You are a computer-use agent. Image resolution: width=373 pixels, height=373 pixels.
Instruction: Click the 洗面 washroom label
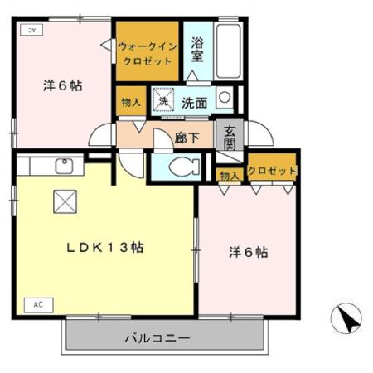coord(195,104)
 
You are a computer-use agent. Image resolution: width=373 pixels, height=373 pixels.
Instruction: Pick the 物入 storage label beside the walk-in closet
coord(131,102)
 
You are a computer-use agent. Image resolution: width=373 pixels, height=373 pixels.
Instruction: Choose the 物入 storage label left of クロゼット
coord(230,174)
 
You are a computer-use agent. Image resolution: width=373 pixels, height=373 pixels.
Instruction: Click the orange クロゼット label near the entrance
coord(273,171)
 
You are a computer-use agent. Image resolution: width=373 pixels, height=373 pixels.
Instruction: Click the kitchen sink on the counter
coord(64,166)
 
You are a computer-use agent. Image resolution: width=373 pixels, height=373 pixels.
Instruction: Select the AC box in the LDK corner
coord(38,304)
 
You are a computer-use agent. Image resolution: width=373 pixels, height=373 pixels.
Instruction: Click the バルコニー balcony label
coord(157,338)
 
